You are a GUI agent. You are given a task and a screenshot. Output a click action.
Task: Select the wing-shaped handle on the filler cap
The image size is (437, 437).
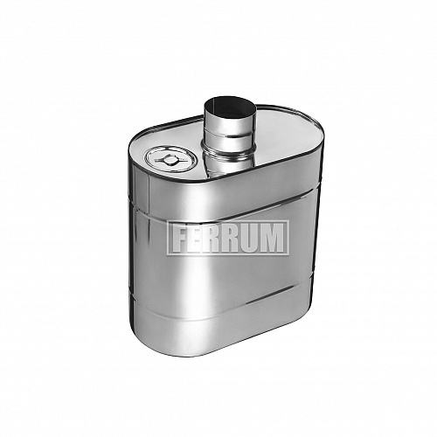[169, 160]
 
